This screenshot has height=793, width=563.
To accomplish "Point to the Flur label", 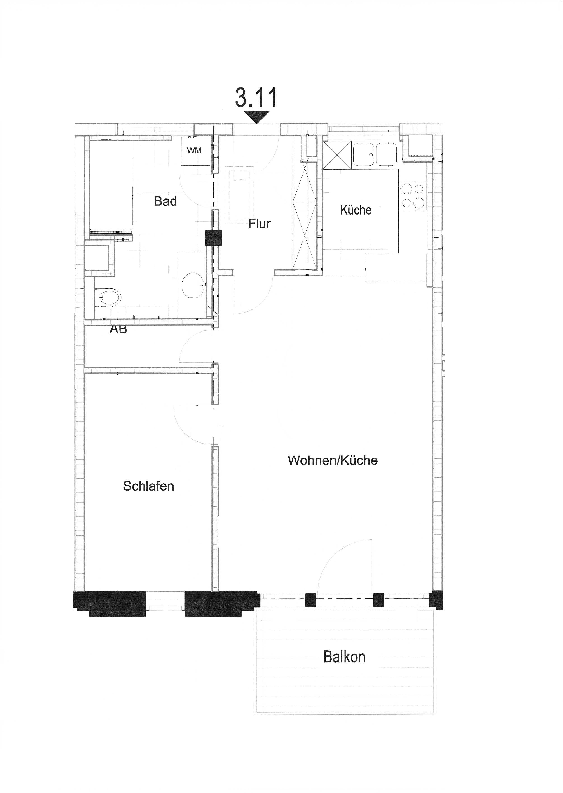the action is [259, 224].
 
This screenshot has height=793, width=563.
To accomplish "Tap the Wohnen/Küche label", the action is [333, 460].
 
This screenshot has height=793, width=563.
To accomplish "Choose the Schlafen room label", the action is [148, 486].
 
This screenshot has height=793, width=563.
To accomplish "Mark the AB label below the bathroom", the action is [118, 329].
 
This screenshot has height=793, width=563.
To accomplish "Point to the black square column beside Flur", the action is [213, 238].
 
